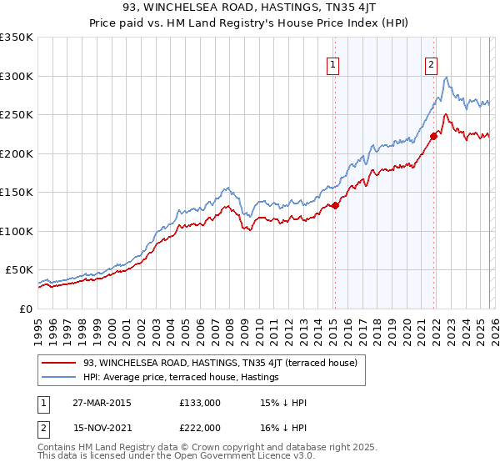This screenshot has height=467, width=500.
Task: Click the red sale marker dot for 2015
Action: pyautogui.click(x=335, y=205)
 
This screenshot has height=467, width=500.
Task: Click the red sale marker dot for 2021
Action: pyautogui.click(x=433, y=136)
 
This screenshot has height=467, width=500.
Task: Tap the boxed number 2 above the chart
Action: pyautogui.click(x=432, y=63)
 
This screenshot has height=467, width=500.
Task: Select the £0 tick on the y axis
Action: pyautogui.click(x=25, y=309)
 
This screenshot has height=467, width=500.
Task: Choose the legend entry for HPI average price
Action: pyautogui.click(x=180, y=377)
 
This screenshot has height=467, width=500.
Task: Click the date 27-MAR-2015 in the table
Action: pyautogui.click(x=102, y=403)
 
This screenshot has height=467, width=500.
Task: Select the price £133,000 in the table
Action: pyautogui.click(x=199, y=403)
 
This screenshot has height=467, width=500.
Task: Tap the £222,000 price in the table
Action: pyautogui.click(x=199, y=428)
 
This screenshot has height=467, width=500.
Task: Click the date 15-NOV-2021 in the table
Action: pyautogui.click(x=102, y=428)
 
